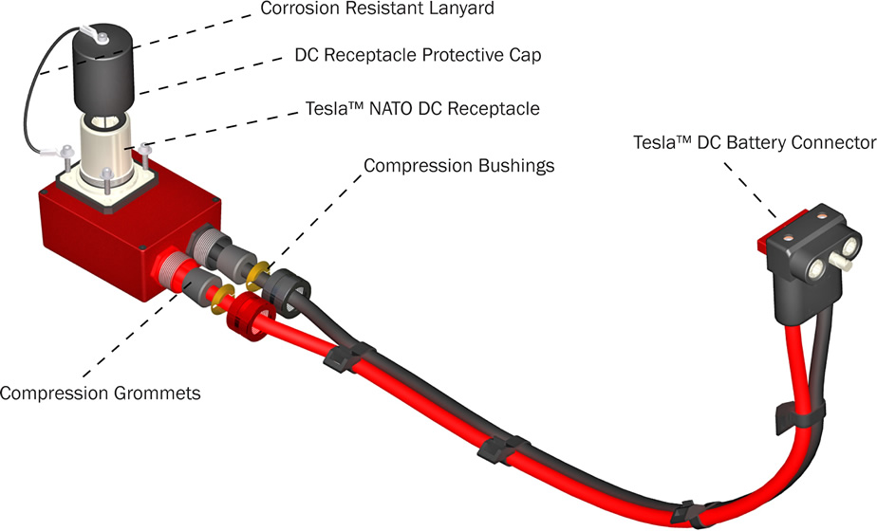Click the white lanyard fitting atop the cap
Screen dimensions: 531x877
[96, 34]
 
